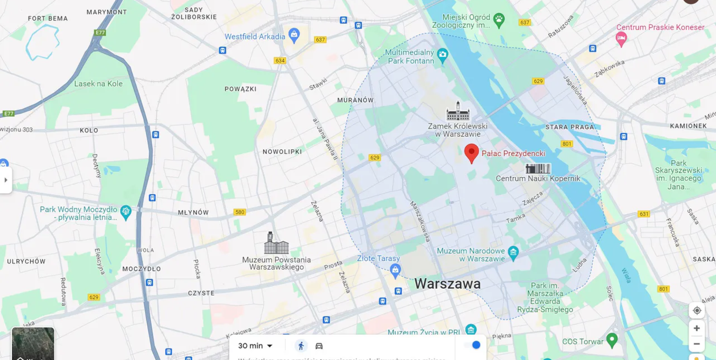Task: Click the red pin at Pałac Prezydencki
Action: click(471, 153)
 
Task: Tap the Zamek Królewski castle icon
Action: click(458, 111)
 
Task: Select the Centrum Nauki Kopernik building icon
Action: click(538, 169)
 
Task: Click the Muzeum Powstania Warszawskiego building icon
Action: click(276, 244)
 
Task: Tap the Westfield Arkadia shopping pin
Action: click(294, 35)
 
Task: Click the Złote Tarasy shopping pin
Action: click(395, 270)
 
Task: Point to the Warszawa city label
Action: click(447, 284)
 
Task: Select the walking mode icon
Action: click(301, 346)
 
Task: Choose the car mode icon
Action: click(319, 346)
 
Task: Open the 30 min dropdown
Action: click(255, 346)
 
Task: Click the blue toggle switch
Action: click(472, 345)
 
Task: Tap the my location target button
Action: click(696, 310)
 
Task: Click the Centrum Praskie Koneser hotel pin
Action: click(621, 38)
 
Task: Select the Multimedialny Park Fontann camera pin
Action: click(442, 55)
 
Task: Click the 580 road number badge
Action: click(239, 212)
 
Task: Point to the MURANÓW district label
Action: click(355, 100)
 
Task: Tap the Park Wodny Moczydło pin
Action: click(126, 212)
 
